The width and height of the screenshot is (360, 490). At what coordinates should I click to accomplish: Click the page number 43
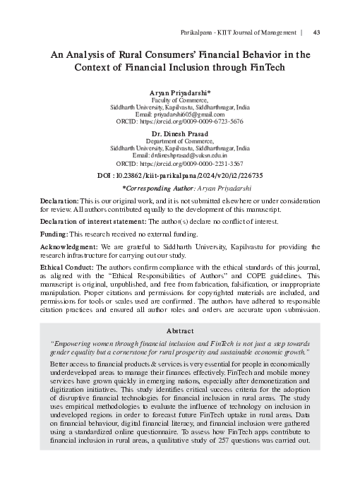317,32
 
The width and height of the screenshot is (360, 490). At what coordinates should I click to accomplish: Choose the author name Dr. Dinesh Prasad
180,133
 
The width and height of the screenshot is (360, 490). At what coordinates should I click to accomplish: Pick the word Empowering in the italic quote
76,342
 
